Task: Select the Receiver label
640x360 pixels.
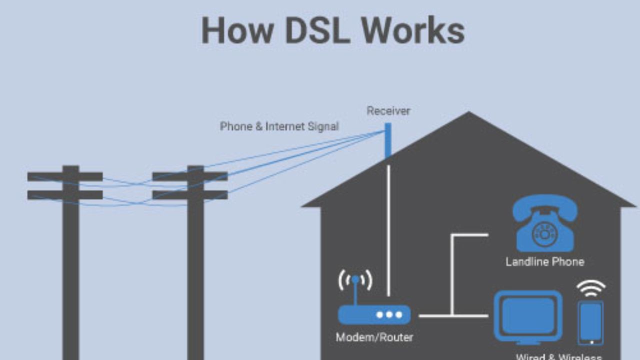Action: click(x=388, y=111)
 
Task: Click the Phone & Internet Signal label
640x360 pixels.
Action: click(x=279, y=126)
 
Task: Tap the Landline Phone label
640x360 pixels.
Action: click(x=544, y=261)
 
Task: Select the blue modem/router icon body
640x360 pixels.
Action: click(x=374, y=314)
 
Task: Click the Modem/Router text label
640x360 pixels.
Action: click(x=374, y=337)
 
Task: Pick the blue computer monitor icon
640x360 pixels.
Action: click(x=528, y=316)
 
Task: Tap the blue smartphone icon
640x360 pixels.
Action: click(x=590, y=322)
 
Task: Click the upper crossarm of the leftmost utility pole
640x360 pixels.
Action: click(x=65, y=176)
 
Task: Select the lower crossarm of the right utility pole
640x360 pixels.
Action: click(x=190, y=195)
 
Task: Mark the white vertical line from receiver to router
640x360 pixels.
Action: click(x=388, y=230)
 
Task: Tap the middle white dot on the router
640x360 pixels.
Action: click(x=389, y=314)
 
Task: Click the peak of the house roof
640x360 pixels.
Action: click(x=468, y=114)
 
